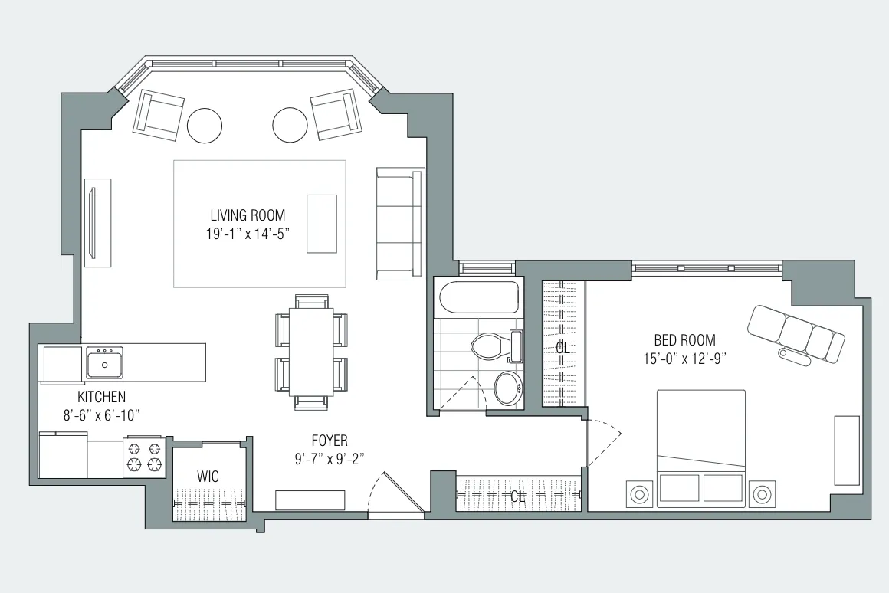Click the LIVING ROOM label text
pos(248,215)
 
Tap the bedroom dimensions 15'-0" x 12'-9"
pos(684,357)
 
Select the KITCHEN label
pos(101,397)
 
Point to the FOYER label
pos(329,441)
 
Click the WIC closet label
pos(208,477)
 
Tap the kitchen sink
pos(104,362)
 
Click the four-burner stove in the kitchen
pos(144,457)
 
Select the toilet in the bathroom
pos(487,346)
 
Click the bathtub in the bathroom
pos(476,297)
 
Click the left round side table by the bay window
pos(205,124)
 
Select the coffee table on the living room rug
pos(321,223)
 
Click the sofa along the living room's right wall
pos(400,224)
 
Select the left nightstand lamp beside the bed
pos(639,494)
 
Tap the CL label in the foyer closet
pos(518,496)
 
